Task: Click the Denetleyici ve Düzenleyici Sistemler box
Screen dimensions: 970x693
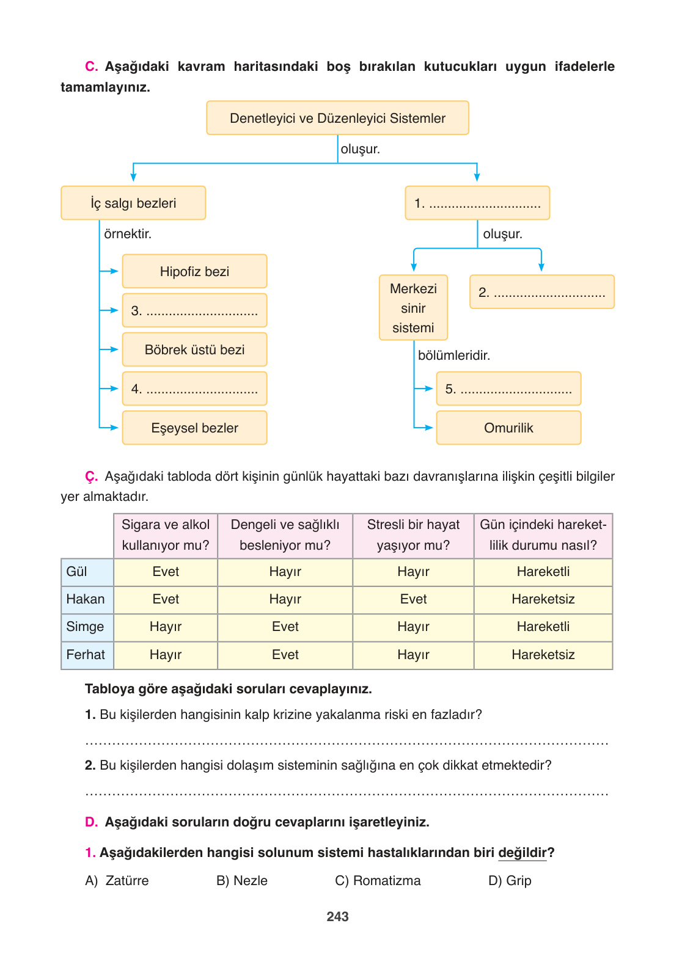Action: pyautogui.click(x=337, y=118)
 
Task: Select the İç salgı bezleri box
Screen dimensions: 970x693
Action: pyautogui.click(x=133, y=203)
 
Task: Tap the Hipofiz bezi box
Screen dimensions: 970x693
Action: pyautogui.click(x=194, y=271)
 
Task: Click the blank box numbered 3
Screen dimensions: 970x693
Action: pyautogui.click(x=194, y=310)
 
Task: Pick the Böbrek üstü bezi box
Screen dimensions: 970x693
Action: pyautogui.click(x=194, y=349)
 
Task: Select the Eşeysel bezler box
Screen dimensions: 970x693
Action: pyautogui.click(x=194, y=428)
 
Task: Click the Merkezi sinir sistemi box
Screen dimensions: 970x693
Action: pyautogui.click(x=413, y=308)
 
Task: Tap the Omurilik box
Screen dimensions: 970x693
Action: pyautogui.click(x=508, y=428)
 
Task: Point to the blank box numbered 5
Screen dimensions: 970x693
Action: pyautogui.click(x=508, y=388)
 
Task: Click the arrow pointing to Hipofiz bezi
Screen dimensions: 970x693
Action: pyautogui.click(x=111, y=271)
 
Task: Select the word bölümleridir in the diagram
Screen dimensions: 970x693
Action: pyautogui.click(x=453, y=355)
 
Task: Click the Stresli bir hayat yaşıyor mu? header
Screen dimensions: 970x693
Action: pyautogui.click(x=413, y=535)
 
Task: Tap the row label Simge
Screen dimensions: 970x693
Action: pyautogui.click(x=86, y=627)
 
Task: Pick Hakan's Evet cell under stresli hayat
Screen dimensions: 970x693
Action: pyautogui.click(x=413, y=599)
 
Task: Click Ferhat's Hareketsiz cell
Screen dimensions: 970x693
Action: pyautogui.click(x=543, y=655)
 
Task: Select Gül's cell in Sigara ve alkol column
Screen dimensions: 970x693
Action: pyautogui.click(x=166, y=572)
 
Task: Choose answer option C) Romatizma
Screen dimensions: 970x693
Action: pyautogui.click(x=378, y=880)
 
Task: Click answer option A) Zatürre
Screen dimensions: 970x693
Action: pyautogui.click(x=117, y=880)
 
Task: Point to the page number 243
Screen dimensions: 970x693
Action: pyautogui.click(x=337, y=916)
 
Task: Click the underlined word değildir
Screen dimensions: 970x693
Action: pyautogui.click(x=522, y=853)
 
